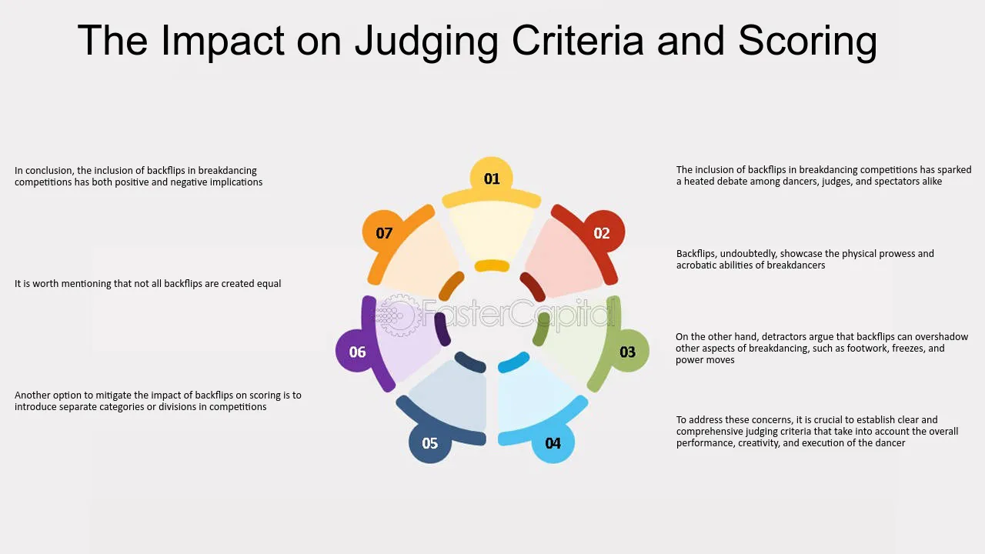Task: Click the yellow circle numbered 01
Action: click(x=492, y=179)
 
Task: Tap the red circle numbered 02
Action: click(x=602, y=232)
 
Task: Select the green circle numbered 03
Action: click(x=628, y=352)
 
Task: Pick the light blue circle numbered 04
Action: click(x=553, y=442)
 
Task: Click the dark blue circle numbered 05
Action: click(x=430, y=442)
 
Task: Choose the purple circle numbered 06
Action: click(x=357, y=352)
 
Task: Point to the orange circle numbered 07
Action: click(x=384, y=232)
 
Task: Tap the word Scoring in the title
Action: click(x=807, y=41)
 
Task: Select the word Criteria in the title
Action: click(x=578, y=41)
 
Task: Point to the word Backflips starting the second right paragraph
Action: click(x=696, y=254)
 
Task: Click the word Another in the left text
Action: click(x=32, y=395)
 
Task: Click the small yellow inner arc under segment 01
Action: click(x=492, y=265)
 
